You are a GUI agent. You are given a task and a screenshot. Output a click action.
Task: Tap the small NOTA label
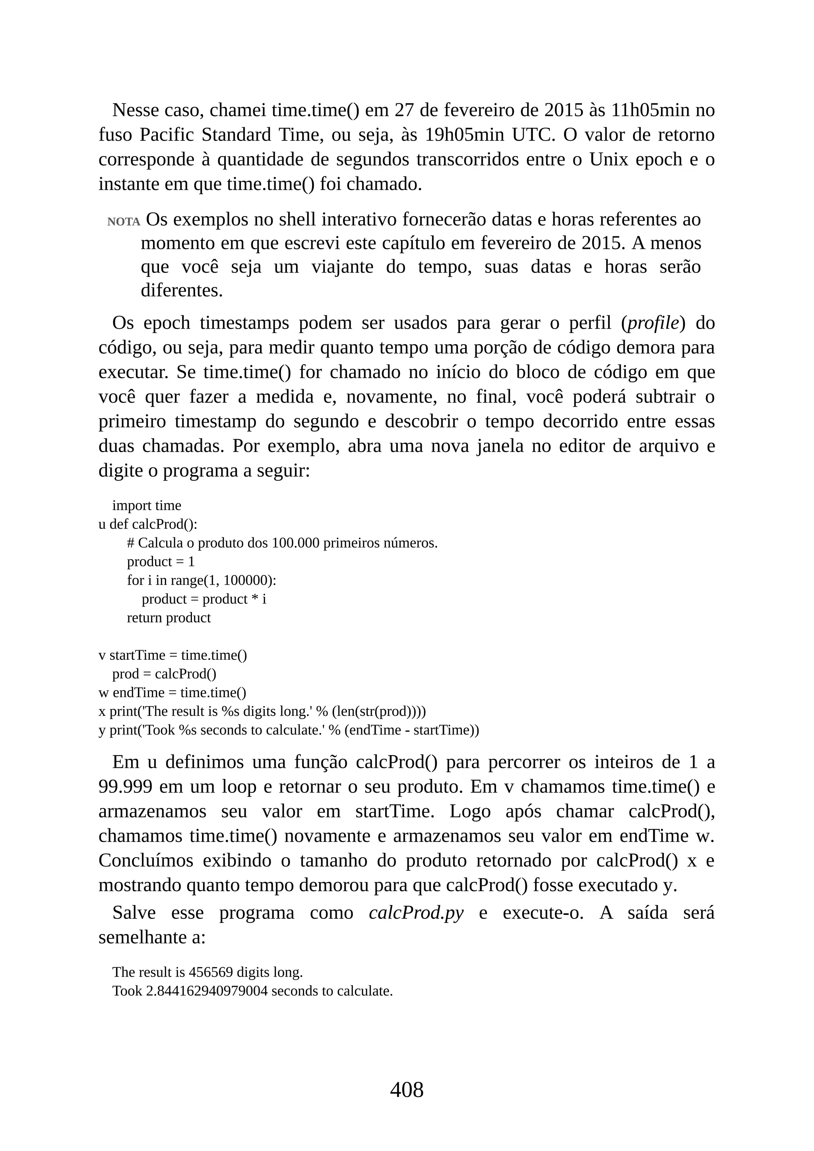123,222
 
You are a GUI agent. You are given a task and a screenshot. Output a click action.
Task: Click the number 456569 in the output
211,972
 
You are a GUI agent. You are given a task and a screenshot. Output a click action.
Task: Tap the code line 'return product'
169,618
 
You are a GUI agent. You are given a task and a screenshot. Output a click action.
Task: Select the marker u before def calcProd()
102,524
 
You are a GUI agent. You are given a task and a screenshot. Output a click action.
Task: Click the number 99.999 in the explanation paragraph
125,787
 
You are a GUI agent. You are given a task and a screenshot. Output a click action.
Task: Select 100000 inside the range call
248,581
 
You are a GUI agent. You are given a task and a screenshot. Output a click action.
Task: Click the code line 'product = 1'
161,562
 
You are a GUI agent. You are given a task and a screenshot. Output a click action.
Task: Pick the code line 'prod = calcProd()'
164,674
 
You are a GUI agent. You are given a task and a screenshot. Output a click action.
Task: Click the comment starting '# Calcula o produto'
282,543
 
